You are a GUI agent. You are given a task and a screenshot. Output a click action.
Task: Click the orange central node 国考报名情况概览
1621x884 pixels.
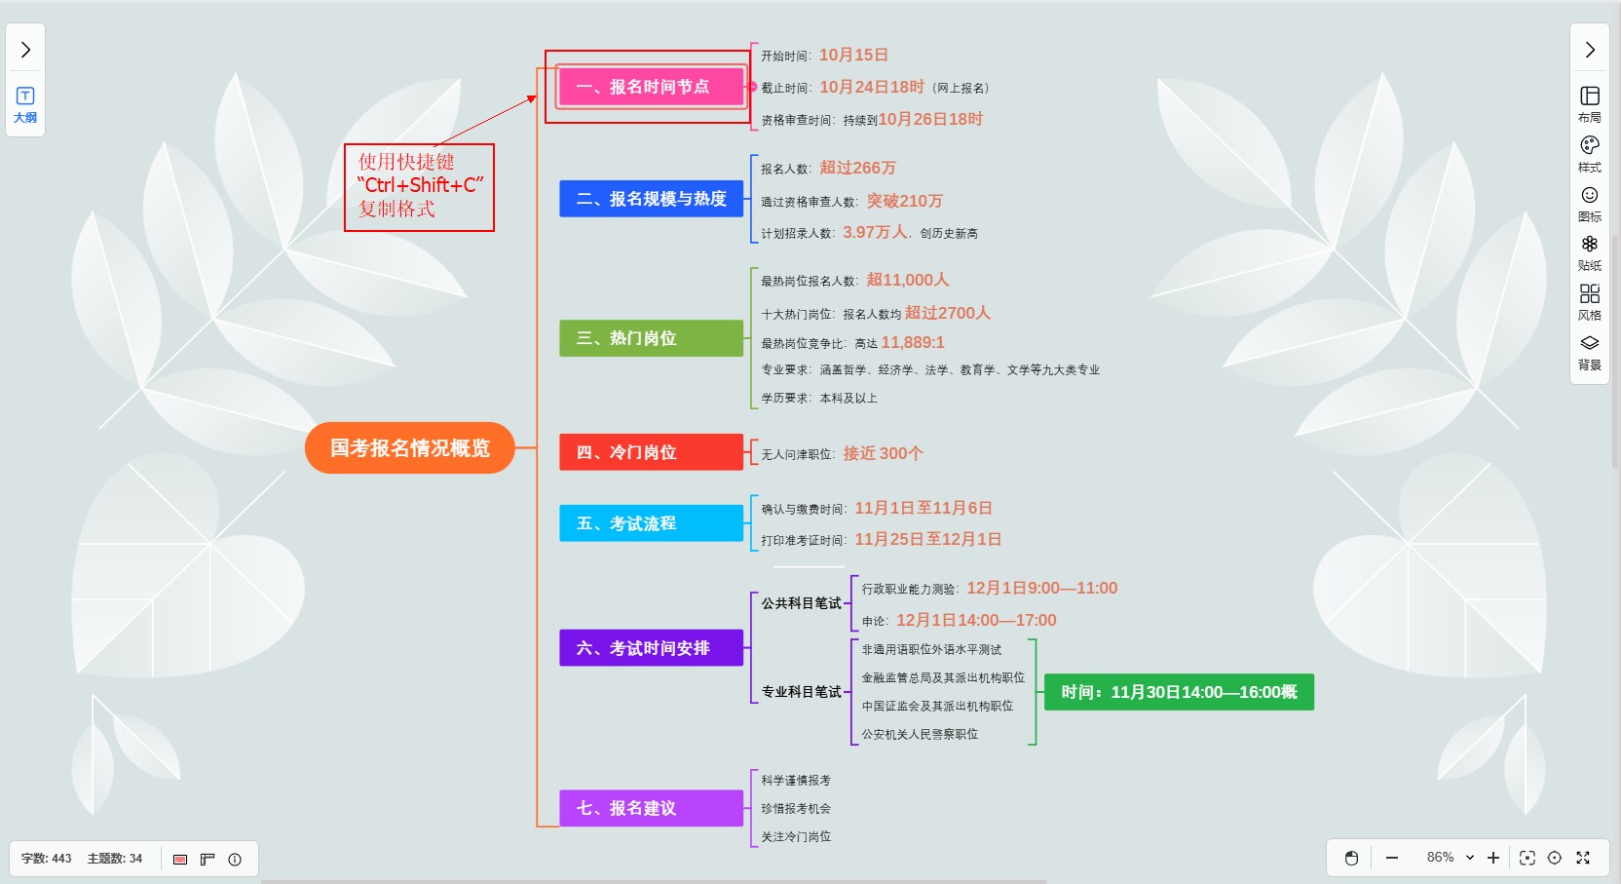point(409,448)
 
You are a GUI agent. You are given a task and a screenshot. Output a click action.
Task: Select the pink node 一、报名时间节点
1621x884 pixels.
point(651,87)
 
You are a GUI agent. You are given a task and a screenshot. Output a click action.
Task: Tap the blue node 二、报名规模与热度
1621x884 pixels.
point(651,199)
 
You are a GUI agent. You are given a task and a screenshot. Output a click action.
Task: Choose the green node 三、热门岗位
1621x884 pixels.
point(651,338)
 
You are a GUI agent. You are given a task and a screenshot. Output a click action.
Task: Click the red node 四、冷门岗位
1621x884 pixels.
point(651,452)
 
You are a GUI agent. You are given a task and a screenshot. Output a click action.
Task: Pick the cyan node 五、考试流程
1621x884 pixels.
point(651,523)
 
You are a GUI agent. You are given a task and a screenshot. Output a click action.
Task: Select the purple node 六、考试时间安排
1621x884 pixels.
point(651,648)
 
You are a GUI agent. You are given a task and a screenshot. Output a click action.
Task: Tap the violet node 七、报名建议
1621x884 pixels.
point(651,808)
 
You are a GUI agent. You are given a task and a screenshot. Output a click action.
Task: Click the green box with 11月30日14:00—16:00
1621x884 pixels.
point(1179,692)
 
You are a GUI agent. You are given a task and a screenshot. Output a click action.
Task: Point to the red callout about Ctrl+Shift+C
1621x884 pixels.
point(419,186)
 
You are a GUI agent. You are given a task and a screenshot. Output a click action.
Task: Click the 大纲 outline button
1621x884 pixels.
point(25,104)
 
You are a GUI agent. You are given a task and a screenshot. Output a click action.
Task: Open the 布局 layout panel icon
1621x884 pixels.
point(1590,102)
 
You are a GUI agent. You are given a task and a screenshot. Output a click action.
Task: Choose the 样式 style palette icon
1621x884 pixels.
point(1590,152)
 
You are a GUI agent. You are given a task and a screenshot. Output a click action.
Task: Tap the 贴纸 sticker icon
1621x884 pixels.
point(1590,250)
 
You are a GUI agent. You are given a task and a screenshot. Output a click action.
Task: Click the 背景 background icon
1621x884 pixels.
point(1590,350)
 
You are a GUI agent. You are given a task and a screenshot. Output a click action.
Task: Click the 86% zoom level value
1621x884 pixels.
point(1440,858)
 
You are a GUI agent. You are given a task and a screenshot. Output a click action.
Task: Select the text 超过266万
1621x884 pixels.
point(857,168)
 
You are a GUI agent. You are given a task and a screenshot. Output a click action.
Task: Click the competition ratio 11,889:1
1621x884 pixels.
point(913,342)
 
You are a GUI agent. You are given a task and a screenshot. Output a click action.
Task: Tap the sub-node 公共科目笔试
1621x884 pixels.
point(801,603)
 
